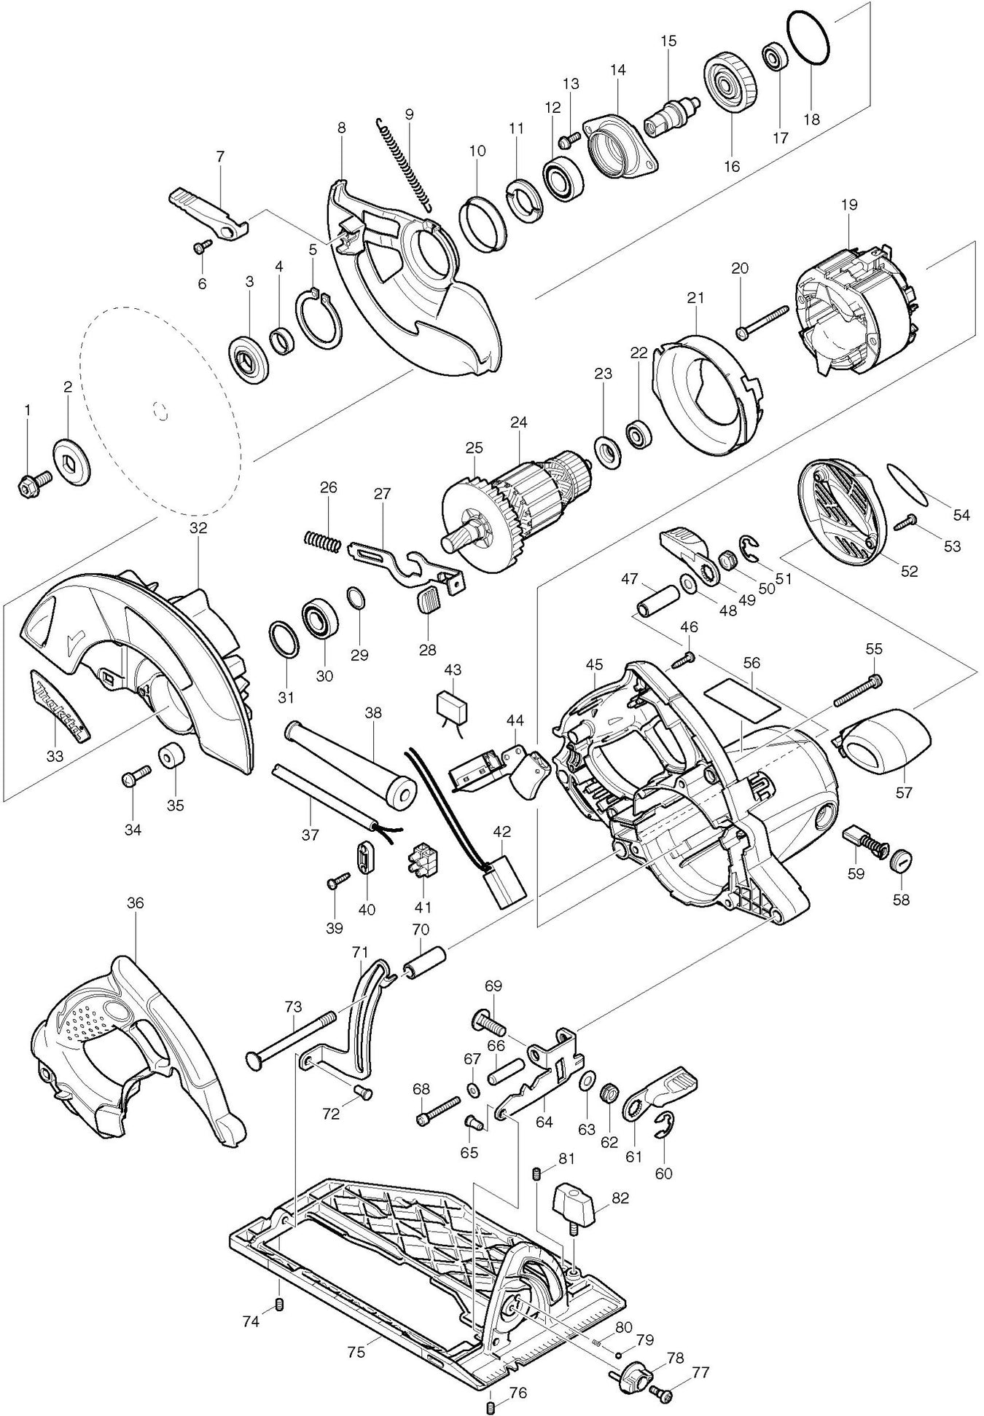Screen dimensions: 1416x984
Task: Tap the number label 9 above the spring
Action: coord(409,114)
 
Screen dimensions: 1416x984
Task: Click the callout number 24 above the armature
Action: coord(518,422)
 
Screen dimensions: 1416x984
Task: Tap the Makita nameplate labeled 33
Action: coord(59,704)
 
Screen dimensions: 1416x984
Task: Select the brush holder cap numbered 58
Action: coord(901,860)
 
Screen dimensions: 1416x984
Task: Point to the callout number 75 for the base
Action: coord(356,1351)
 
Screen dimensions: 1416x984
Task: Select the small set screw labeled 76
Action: coord(491,1405)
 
